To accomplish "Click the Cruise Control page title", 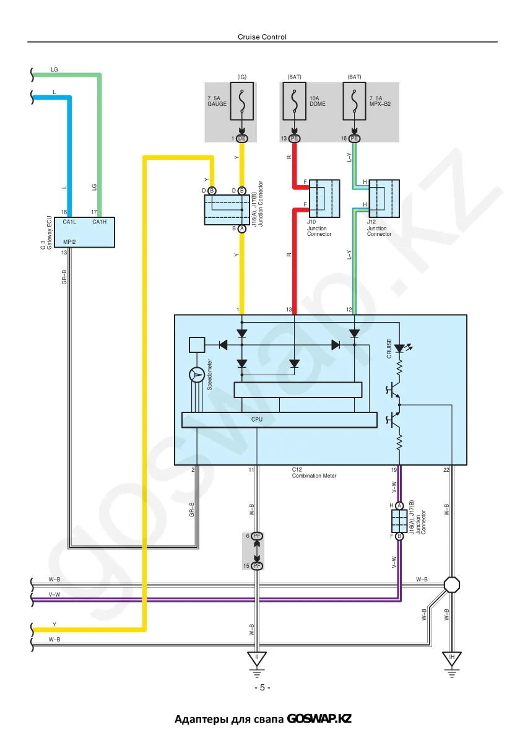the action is pos(262,37).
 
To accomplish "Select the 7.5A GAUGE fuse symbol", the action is pos(242,101).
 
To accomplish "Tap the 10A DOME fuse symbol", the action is pos(294,101).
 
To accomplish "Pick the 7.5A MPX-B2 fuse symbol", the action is pos(354,101).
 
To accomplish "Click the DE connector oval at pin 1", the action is pos(242,138).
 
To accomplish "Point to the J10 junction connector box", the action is pos(324,198).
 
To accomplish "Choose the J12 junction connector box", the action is pos(384,198).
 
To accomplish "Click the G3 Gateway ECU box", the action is pos(89,232).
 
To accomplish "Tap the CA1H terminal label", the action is pos(100,222).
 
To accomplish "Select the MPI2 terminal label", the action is pos(69,242).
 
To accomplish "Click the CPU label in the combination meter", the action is pos(257,419).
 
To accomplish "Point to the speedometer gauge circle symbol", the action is pos(197,375).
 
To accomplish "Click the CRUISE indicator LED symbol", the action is pos(400,348).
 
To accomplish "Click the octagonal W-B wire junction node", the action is pos(452,584).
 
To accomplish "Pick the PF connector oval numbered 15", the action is pos(257,566).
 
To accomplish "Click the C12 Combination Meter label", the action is pos(314,472).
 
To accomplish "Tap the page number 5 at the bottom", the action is pos(262,688).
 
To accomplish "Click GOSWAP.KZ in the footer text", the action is pos(319,719).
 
